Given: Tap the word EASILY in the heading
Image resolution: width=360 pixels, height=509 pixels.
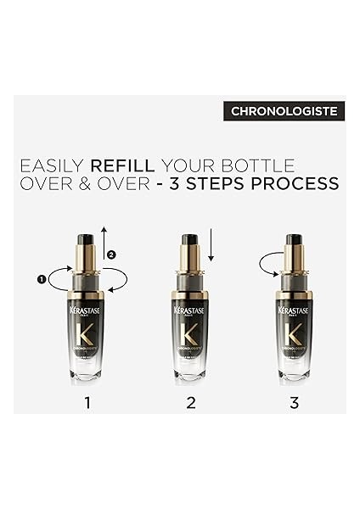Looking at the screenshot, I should (50, 165).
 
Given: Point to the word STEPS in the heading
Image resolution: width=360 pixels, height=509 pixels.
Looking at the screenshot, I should (216, 184).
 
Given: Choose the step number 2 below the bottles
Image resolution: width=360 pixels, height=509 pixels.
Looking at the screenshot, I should (191, 402).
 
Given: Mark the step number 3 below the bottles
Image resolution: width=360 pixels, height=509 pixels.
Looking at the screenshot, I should (295, 402).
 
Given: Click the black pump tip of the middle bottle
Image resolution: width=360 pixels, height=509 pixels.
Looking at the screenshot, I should (190, 240).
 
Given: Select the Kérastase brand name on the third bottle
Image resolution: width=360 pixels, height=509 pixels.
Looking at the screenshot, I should (295, 311).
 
